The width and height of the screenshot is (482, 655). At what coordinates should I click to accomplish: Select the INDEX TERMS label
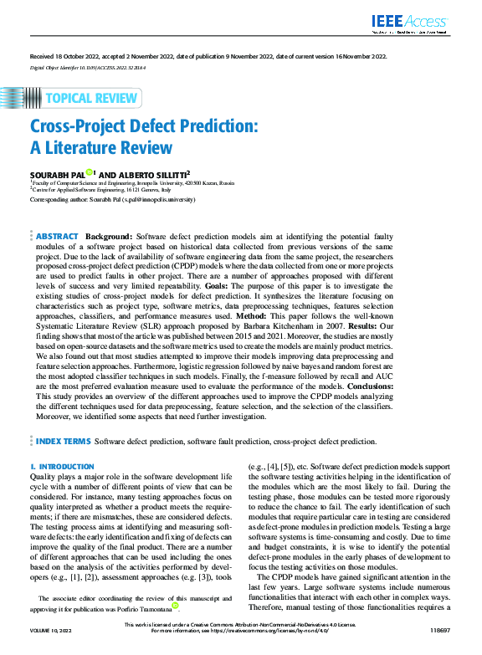point(63,441)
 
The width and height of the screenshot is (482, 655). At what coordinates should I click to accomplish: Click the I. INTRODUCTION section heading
point(62,466)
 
